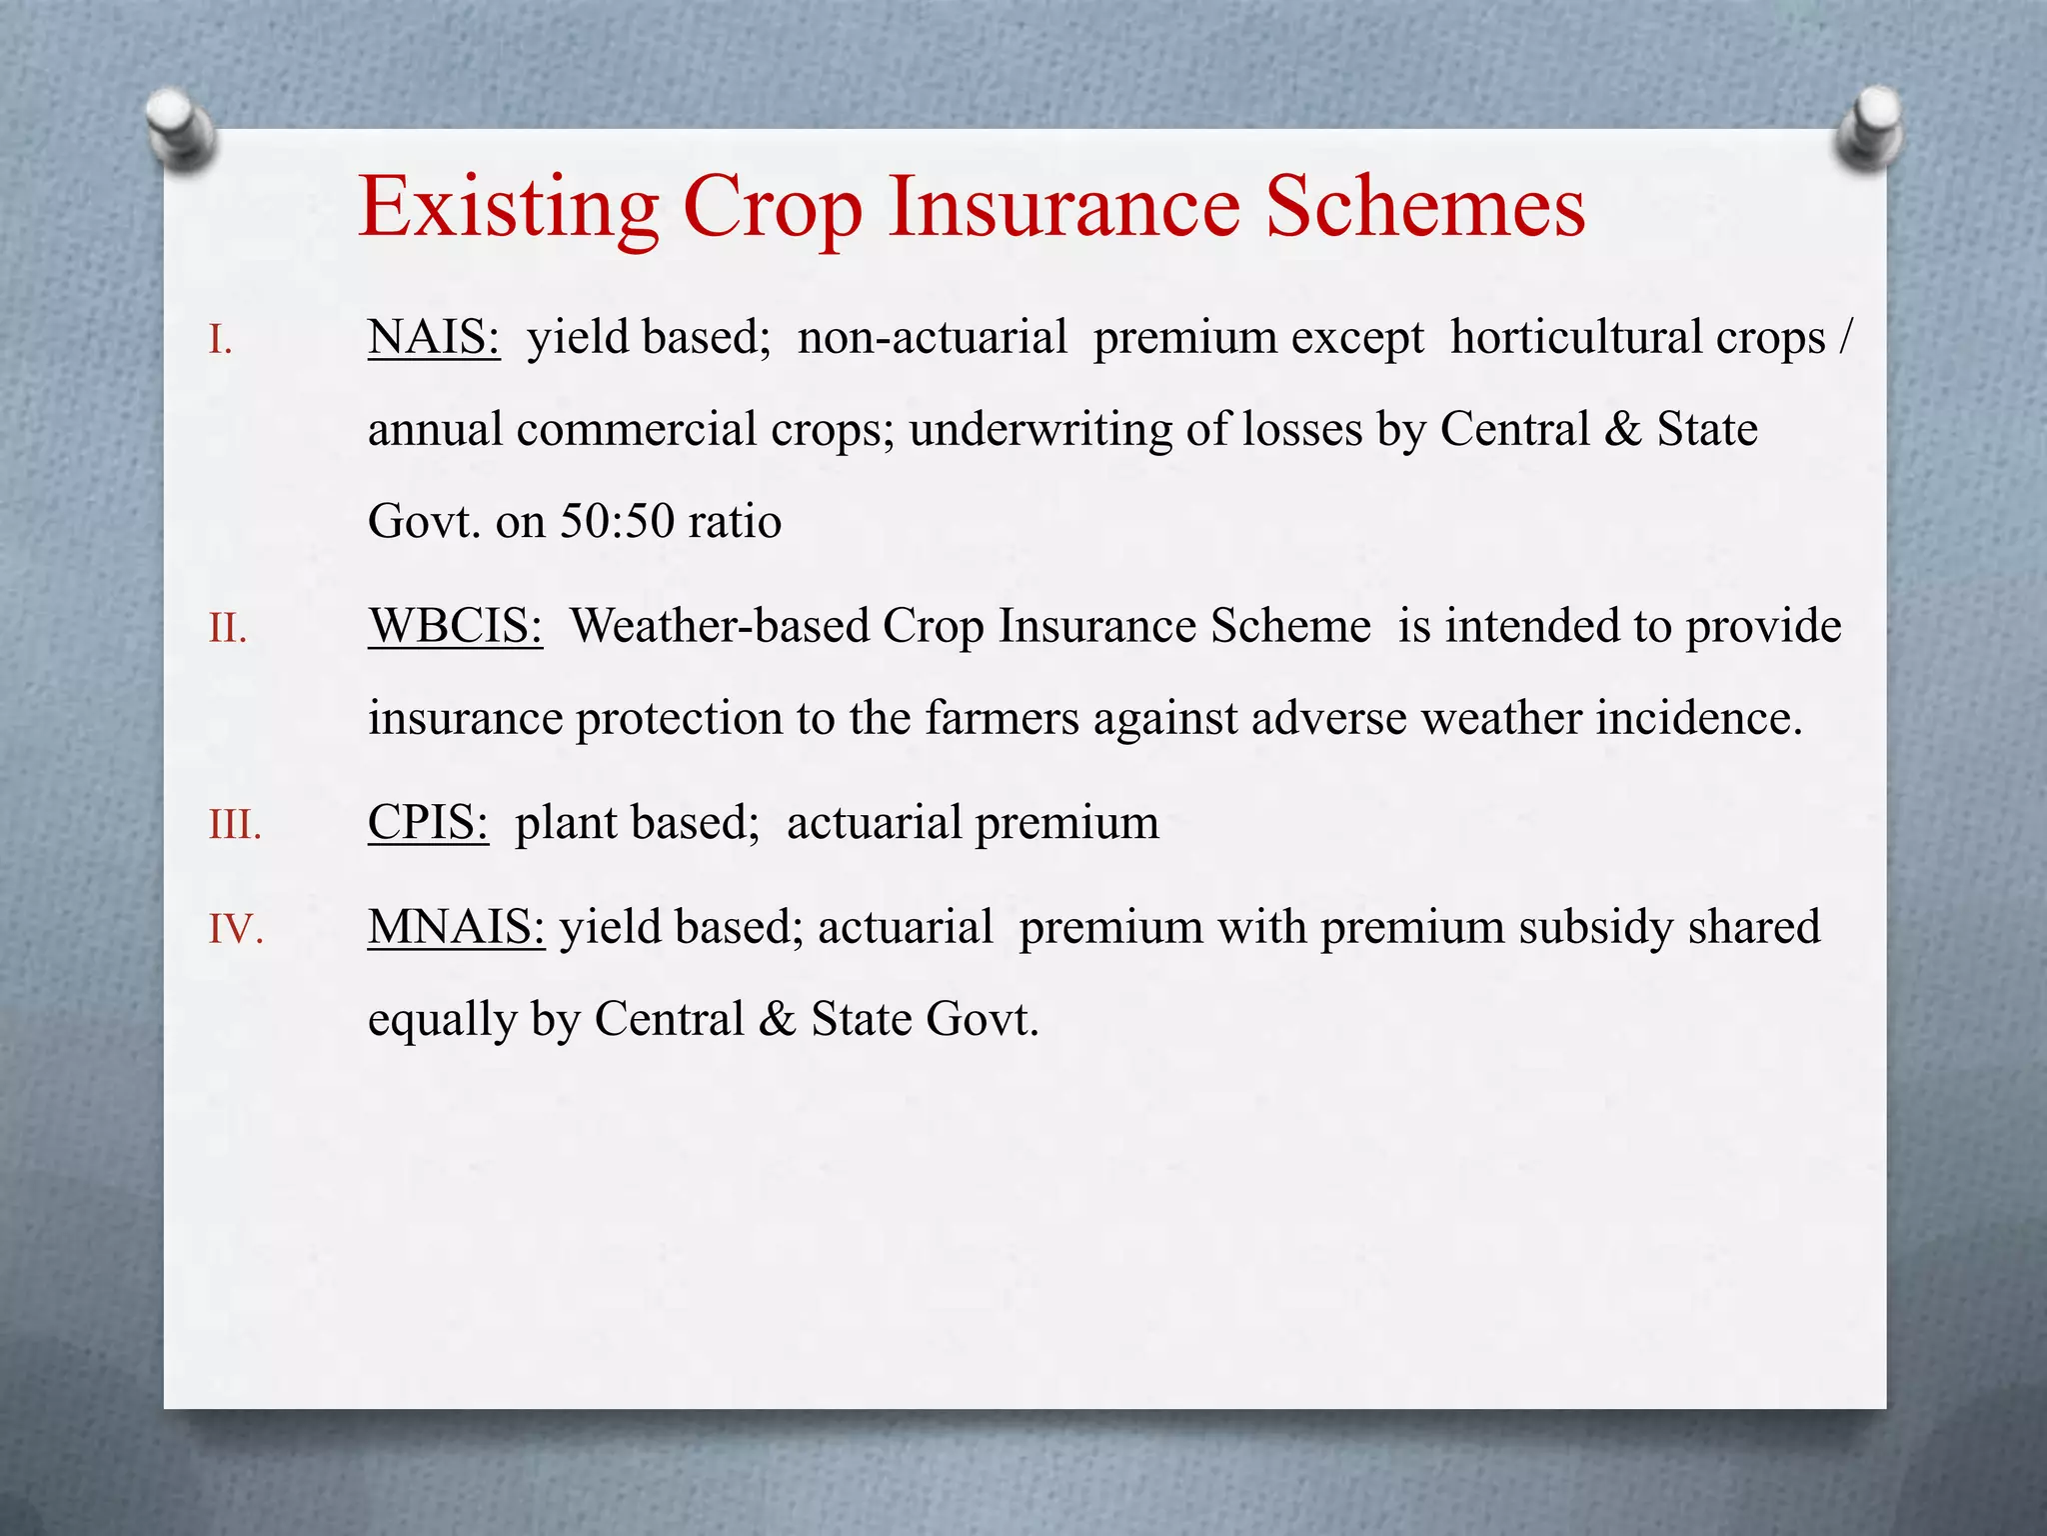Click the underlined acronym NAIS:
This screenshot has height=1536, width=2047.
(434, 338)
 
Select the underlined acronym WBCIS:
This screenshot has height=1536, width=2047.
(455, 627)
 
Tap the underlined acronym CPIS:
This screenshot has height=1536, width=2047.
(428, 823)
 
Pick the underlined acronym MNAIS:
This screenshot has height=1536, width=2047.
(456, 927)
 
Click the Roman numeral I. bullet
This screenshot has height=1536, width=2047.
(221, 342)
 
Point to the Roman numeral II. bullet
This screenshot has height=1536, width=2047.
(228, 630)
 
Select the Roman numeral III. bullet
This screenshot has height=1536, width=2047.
(235, 827)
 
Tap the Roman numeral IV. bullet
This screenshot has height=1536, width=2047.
(236, 930)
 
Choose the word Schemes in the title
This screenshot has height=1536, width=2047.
(1425, 206)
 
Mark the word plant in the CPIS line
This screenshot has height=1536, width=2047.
(566, 824)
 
